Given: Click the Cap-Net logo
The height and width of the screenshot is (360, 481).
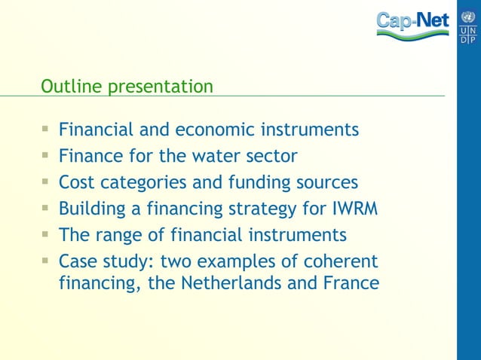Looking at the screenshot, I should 412,24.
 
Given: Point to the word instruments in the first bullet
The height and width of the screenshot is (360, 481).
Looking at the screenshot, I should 309,130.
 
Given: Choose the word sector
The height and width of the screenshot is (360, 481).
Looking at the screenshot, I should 271,156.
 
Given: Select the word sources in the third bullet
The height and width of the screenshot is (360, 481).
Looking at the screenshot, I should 327,182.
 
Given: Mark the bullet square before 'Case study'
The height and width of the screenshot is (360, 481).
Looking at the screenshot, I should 46,261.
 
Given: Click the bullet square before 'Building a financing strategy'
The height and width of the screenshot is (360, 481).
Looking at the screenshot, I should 46,208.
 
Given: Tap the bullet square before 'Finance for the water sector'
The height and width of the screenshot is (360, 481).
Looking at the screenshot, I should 46,155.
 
